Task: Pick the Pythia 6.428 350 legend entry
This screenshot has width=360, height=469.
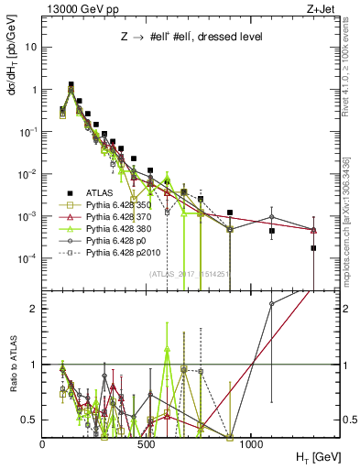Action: (x=115, y=205)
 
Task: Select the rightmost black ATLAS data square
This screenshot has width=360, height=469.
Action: (x=313, y=247)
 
